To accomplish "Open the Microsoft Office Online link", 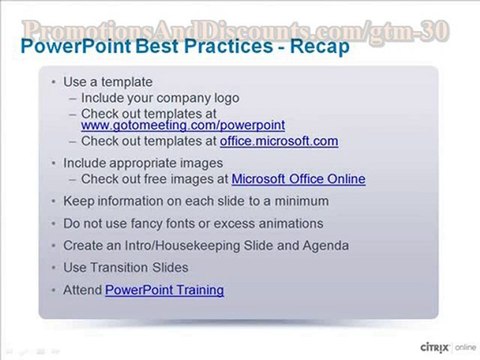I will (298, 180).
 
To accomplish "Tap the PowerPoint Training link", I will (164, 290).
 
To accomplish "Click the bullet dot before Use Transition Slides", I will (53, 268).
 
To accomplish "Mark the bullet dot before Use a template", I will (53, 83).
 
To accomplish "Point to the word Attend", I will (81, 290).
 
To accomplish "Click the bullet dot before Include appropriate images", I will (53, 162).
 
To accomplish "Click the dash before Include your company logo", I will (71, 98).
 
